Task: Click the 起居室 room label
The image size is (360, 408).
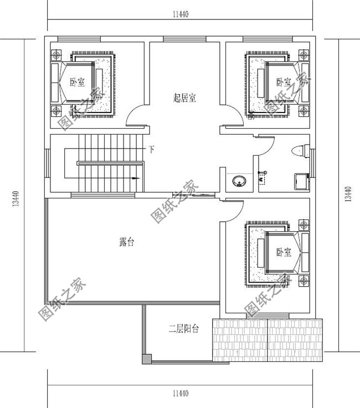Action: click(184, 98)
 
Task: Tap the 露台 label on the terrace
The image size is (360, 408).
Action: click(126, 242)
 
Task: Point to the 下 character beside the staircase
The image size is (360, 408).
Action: click(151, 150)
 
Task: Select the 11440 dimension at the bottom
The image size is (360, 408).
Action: click(181, 394)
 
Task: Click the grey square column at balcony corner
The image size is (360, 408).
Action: click(146, 360)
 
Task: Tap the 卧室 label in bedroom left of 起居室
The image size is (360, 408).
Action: click(78, 82)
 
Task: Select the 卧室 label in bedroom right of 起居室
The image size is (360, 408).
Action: click(284, 82)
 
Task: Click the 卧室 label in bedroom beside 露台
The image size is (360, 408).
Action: click(284, 252)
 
